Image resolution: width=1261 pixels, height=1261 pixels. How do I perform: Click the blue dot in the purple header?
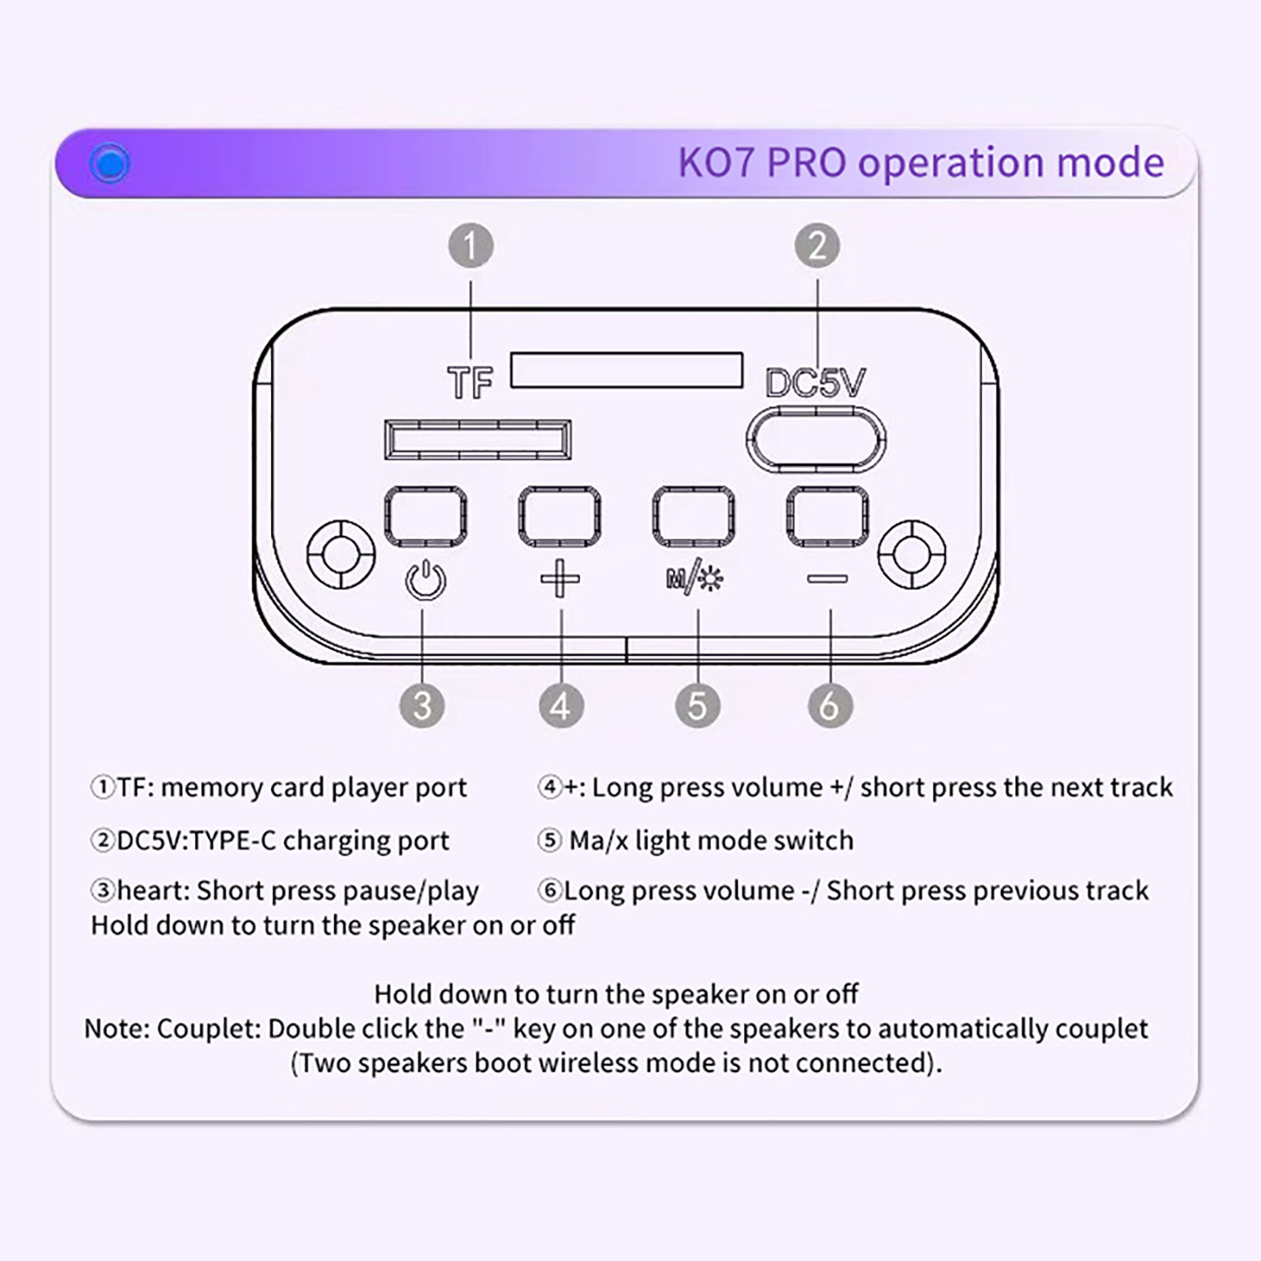[x=110, y=164]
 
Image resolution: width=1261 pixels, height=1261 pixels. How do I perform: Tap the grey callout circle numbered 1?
[x=471, y=246]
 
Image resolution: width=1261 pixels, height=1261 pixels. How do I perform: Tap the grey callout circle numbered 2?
[x=816, y=246]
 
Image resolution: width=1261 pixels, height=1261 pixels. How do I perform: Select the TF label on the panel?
[x=470, y=383]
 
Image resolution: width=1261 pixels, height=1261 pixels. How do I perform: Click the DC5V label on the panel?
[x=815, y=383]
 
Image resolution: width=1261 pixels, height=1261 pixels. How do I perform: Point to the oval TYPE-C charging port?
[x=816, y=439]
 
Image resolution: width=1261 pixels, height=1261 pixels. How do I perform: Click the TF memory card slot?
[x=478, y=439]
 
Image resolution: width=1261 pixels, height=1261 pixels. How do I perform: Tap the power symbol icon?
[x=426, y=580]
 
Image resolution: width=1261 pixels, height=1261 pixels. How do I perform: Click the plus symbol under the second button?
[x=560, y=578]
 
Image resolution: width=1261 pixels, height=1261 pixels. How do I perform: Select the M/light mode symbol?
[x=694, y=578]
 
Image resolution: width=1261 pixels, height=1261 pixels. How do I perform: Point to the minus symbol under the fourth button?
[x=828, y=579]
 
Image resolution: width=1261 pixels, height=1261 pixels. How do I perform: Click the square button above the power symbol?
[x=426, y=516]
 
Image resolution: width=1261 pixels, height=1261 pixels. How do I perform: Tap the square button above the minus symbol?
[x=828, y=516]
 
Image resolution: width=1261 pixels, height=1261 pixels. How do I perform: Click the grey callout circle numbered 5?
[x=697, y=705]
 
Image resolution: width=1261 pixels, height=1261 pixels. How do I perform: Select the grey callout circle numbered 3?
[x=422, y=705]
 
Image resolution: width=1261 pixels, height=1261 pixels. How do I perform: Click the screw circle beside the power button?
[x=340, y=553]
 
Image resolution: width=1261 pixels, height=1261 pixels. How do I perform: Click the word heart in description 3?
[x=151, y=891]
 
